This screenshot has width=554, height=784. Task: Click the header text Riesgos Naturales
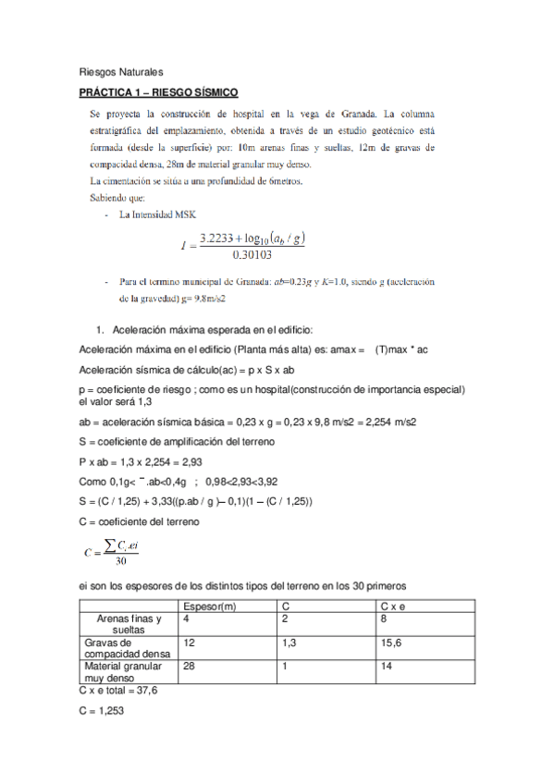click(x=120, y=70)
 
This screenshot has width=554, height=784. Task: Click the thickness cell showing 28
click(x=190, y=667)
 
